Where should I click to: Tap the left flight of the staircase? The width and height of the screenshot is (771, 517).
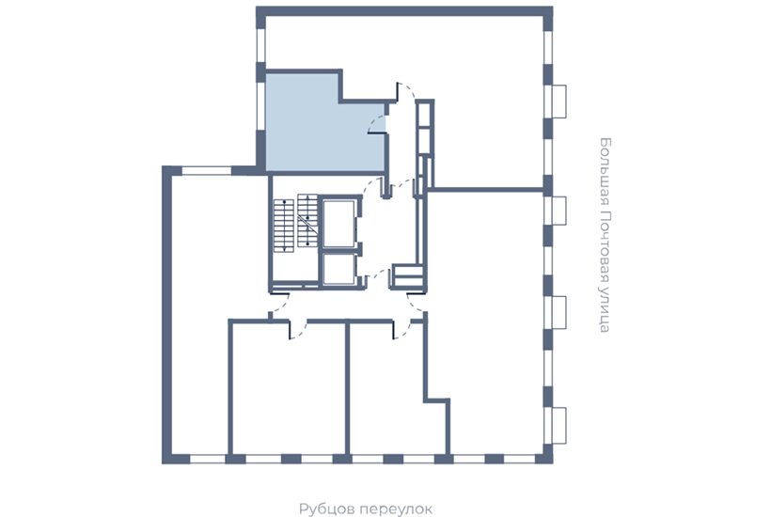[x=284, y=226]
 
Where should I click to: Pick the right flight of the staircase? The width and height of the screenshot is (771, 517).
[x=307, y=221]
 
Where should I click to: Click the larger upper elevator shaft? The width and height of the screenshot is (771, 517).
[x=338, y=223]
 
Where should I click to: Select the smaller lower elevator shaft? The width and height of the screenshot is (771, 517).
[x=338, y=269]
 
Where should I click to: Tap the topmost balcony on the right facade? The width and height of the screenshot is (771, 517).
[x=559, y=102]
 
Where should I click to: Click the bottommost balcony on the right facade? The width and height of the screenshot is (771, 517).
[x=559, y=426]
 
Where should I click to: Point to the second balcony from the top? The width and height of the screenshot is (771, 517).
[x=559, y=211]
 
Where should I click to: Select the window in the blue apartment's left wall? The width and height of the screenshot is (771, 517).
[x=261, y=105]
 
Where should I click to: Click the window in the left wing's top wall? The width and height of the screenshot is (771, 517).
[x=207, y=171]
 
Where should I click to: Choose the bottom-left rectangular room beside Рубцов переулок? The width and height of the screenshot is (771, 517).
[x=289, y=388]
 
